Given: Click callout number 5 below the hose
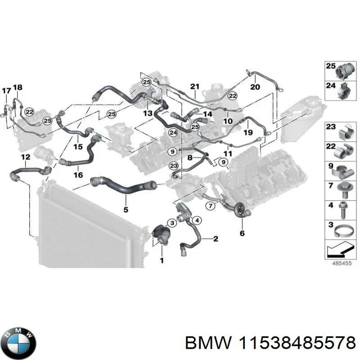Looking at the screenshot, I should click(126, 210).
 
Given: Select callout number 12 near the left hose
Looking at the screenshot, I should click(26, 157).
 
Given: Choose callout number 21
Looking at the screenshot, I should click(194, 86).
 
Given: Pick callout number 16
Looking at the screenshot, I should click(78, 175).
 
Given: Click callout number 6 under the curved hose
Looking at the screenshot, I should click(242, 233).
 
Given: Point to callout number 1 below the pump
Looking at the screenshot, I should click(162, 260).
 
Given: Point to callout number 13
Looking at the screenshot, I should click(148, 113).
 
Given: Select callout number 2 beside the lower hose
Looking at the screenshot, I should click(216, 238).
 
